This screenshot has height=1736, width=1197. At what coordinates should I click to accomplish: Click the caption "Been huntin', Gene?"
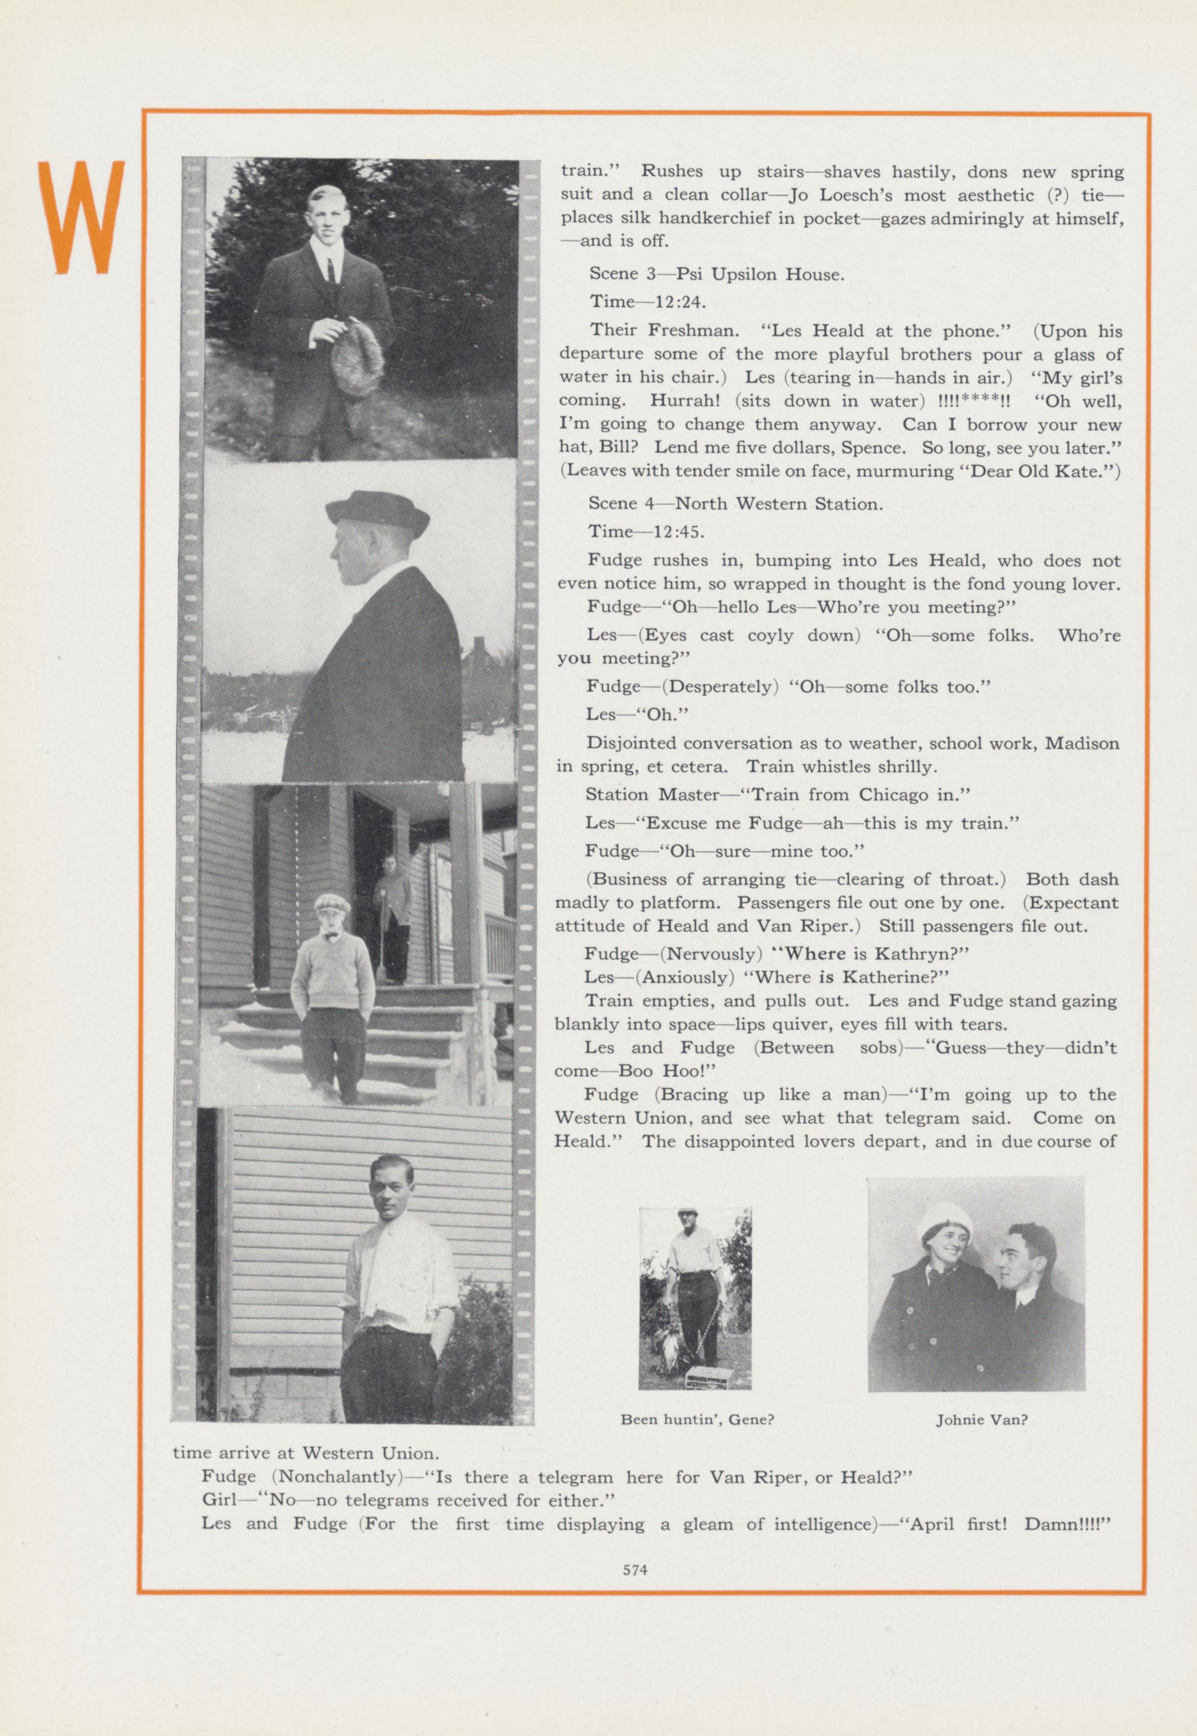pyautogui.click(x=697, y=1419)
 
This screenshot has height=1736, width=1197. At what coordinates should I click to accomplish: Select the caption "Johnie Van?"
pyautogui.click(x=981, y=1419)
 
